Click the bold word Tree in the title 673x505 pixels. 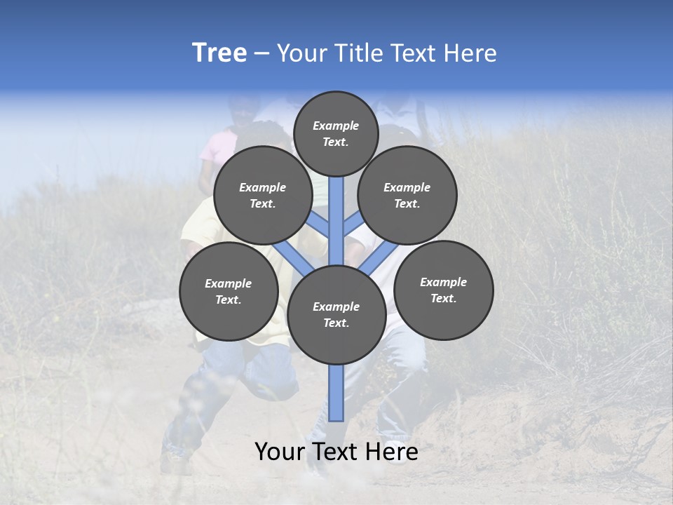(219, 53)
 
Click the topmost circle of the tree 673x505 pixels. (336, 134)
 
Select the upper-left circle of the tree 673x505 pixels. (263, 195)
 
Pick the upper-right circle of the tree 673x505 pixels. (407, 195)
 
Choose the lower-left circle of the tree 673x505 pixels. (229, 291)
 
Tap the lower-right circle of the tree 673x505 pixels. (444, 290)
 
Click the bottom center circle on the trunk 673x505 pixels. (336, 315)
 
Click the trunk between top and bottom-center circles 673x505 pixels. (336, 221)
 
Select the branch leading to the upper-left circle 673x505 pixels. (319, 225)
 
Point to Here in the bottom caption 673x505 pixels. (392, 452)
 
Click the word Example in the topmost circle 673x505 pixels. (336, 126)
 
